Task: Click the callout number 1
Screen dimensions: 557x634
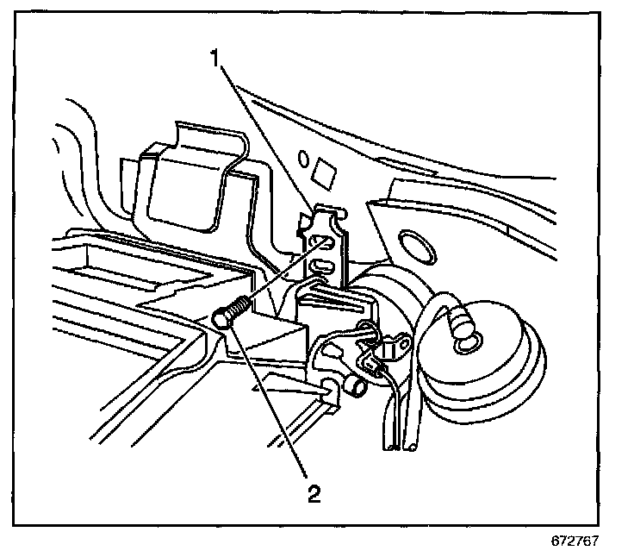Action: coord(219,59)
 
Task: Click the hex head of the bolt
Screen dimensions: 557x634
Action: coord(222,318)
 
